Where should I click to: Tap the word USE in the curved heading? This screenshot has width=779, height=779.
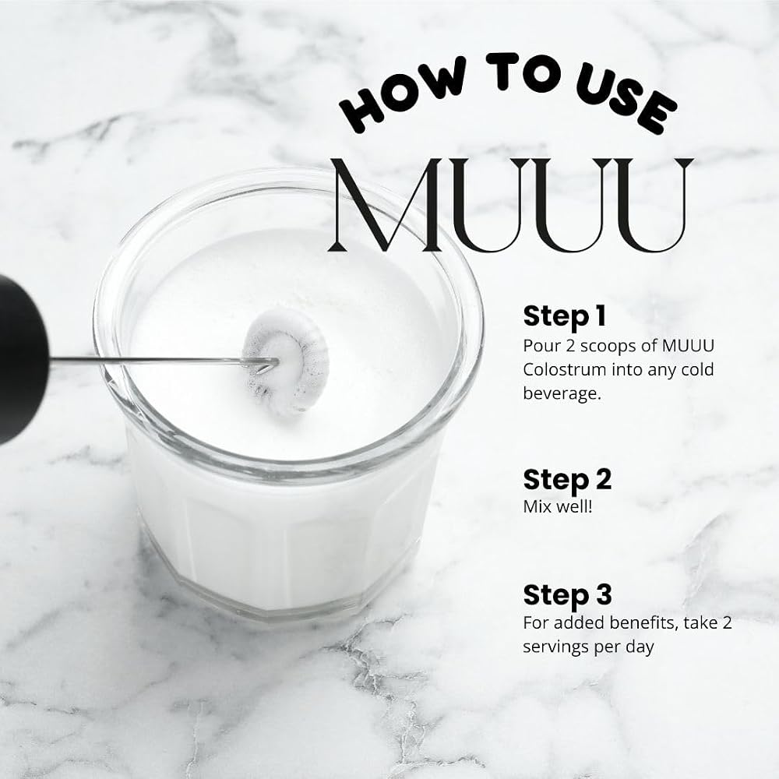coord(626,100)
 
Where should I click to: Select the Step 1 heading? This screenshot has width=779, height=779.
coord(565,317)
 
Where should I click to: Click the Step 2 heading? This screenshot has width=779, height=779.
coord(567,481)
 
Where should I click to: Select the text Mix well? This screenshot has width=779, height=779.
coord(558,507)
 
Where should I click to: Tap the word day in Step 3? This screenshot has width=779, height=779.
coord(640,647)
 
